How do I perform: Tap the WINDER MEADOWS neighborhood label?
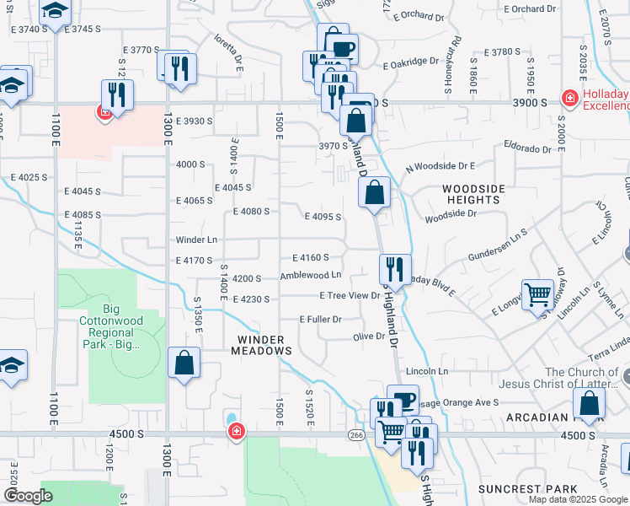(x=262, y=345)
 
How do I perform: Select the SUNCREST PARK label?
(x=528, y=489)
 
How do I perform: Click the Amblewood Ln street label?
(x=311, y=275)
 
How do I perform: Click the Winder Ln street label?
(x=196, y=240)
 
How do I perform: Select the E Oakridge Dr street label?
(x=410, y=62)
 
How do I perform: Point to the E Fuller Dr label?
(x=321, y=320)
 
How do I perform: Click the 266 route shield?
(x=355, y=434)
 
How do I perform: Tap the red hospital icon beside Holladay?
(x=570, y=99)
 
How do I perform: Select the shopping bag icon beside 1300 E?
(x=184, y=364)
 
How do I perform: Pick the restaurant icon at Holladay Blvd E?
(x=395, y=270)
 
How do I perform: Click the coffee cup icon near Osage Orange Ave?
(x=403, y=400)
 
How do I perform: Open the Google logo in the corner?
(x=29, y=497)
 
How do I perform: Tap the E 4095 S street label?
(x=323, y=217)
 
